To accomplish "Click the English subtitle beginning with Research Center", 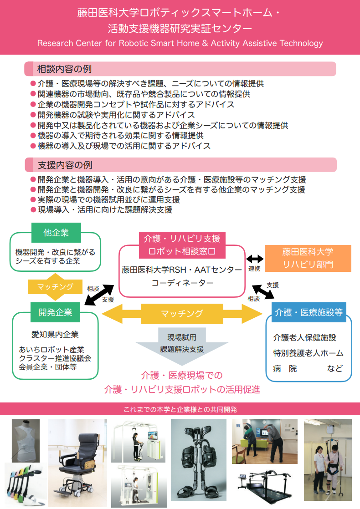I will pos(180,44).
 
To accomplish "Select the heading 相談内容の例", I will pos(64,69).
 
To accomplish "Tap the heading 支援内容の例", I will pos(64,164).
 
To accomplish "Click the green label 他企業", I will pos(56,233).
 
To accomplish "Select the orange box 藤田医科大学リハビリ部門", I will pos(308,258).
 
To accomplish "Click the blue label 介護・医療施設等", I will pos(309,312).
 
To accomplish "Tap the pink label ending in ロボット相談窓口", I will pos(182,244).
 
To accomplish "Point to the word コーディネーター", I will pos(182,283).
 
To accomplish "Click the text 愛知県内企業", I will pos(55,335).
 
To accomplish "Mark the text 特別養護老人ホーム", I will pos(309,353).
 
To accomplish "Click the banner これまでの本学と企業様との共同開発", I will pos(180,409).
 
